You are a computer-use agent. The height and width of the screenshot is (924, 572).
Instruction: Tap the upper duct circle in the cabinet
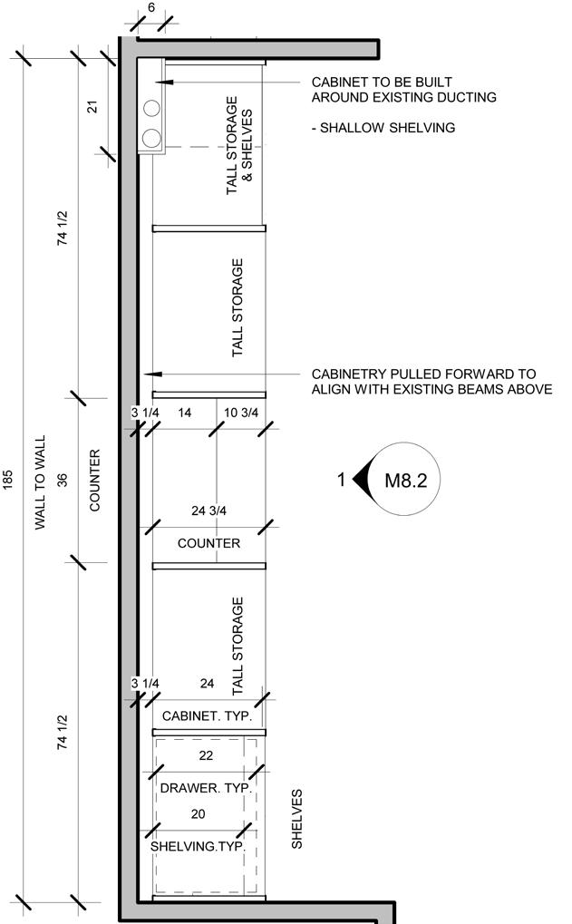(x=152, y=109)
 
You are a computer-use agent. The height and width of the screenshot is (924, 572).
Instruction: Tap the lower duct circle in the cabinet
(x=152, y=138)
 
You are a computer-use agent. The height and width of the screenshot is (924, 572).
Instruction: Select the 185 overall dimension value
(x=7, y=479)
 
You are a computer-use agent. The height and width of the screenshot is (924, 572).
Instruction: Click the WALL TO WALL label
(x=40, y=482)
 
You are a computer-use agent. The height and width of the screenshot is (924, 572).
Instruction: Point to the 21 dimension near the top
(x=92, y=107)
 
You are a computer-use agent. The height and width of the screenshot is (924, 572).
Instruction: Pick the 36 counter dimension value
(x=63, y=480)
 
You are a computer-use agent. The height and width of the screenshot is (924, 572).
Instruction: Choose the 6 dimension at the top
(x=151, y=7)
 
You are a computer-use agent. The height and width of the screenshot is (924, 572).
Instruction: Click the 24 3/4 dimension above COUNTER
(x=208, y=511)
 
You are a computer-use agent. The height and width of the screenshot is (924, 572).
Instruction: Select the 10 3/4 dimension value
(x=241, y=413)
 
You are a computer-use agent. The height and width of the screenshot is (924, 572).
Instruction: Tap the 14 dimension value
(x=184, y=413)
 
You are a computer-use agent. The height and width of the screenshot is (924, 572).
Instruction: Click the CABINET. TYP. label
(x=207, y=716)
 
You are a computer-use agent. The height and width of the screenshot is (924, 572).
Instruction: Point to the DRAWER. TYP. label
(x=206, y=788)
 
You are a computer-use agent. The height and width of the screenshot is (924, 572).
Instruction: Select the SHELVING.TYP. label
(x=198, y=846)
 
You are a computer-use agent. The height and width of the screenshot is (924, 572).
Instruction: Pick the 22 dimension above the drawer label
(x=206, y=755)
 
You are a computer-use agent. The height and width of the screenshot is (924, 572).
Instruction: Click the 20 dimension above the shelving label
(x=198, y=813)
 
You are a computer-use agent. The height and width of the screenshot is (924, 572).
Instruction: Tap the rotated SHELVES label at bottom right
(x=297, y=819)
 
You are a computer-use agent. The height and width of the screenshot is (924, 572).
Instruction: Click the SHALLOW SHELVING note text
(x=383, y=127)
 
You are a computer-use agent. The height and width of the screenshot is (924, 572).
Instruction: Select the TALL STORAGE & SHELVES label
(x=239, y=146)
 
